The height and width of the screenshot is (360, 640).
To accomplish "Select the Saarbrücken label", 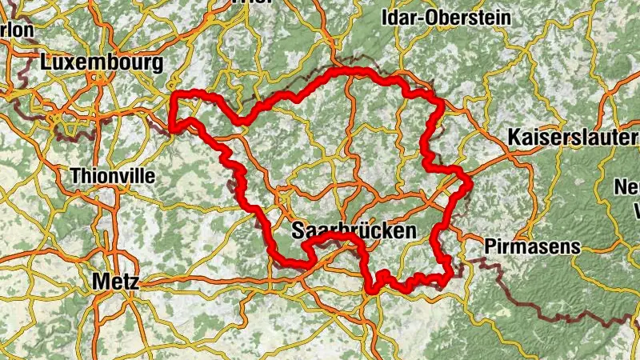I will pos(354,231).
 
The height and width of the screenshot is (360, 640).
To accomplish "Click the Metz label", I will pos(115,281).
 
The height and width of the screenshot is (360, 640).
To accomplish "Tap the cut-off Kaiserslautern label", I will pos(573,138).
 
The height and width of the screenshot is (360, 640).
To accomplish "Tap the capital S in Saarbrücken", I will pos(298,231).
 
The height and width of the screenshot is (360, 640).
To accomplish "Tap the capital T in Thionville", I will pos(76,175).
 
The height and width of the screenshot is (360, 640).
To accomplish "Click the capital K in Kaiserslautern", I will pos(514,138).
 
